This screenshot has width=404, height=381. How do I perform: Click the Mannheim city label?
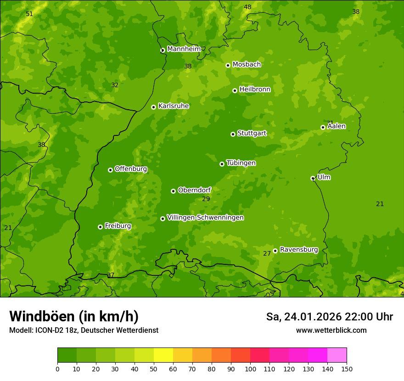point(184,49)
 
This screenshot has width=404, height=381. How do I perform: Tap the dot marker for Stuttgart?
point(233,134)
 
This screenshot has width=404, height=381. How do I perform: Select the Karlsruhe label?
point(174,106)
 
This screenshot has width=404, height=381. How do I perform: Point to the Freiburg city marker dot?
point(100,227)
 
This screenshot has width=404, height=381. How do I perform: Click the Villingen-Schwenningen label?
point(205,218)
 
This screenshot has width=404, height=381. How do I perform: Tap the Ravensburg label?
point(299,250)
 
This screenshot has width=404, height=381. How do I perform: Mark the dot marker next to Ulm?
point(313,178)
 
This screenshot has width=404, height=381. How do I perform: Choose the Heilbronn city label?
point(255,90)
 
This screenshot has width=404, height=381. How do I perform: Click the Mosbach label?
point(247,65)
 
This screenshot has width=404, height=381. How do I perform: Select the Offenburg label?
point(131,169)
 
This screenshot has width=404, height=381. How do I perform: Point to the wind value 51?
point(29,14)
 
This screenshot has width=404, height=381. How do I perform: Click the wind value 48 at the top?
point(247,7)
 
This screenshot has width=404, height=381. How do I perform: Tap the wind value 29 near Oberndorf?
point(206,199)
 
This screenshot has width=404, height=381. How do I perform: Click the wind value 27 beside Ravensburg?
point(267,254)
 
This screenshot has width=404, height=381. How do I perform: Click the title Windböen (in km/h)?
point(74,316)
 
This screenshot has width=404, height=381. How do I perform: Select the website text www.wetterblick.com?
point(331,331)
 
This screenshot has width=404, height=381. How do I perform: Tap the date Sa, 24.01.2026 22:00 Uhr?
point(329,317)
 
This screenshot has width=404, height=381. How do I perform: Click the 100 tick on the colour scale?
point(250,369)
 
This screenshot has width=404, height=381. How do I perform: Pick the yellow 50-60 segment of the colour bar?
point(163,355)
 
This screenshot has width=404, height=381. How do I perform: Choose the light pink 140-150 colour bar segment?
point(337,355)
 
